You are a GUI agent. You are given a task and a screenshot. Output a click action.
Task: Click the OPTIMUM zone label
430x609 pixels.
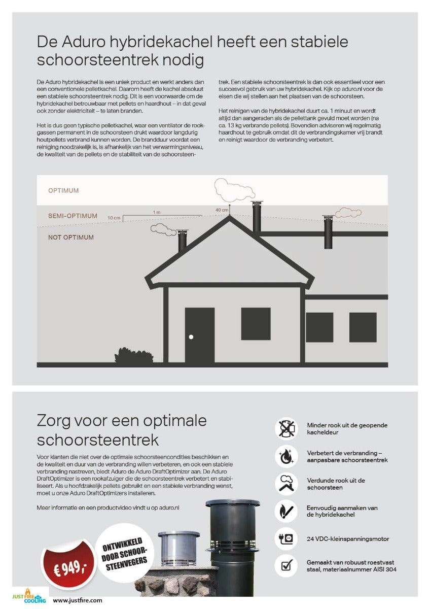63,190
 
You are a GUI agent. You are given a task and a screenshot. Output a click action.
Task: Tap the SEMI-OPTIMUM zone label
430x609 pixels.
73,216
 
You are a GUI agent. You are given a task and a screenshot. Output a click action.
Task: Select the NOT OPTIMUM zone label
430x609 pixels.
71,237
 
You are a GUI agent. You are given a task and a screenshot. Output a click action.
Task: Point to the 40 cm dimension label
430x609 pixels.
222,210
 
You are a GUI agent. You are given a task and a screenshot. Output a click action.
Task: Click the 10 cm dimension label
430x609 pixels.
114,218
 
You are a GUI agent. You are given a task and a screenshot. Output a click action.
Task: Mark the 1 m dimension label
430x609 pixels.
157,212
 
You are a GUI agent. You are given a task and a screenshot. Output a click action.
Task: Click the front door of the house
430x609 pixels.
199,335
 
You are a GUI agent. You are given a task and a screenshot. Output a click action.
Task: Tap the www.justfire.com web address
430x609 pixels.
78,600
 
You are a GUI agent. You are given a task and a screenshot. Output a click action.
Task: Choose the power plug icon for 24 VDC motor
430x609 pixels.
286,538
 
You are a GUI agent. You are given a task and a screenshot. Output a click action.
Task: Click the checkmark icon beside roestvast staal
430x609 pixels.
286,565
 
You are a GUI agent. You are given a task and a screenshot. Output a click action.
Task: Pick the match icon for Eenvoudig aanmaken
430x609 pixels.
286,511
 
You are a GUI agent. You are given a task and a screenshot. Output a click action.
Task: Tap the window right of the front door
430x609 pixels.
256,324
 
